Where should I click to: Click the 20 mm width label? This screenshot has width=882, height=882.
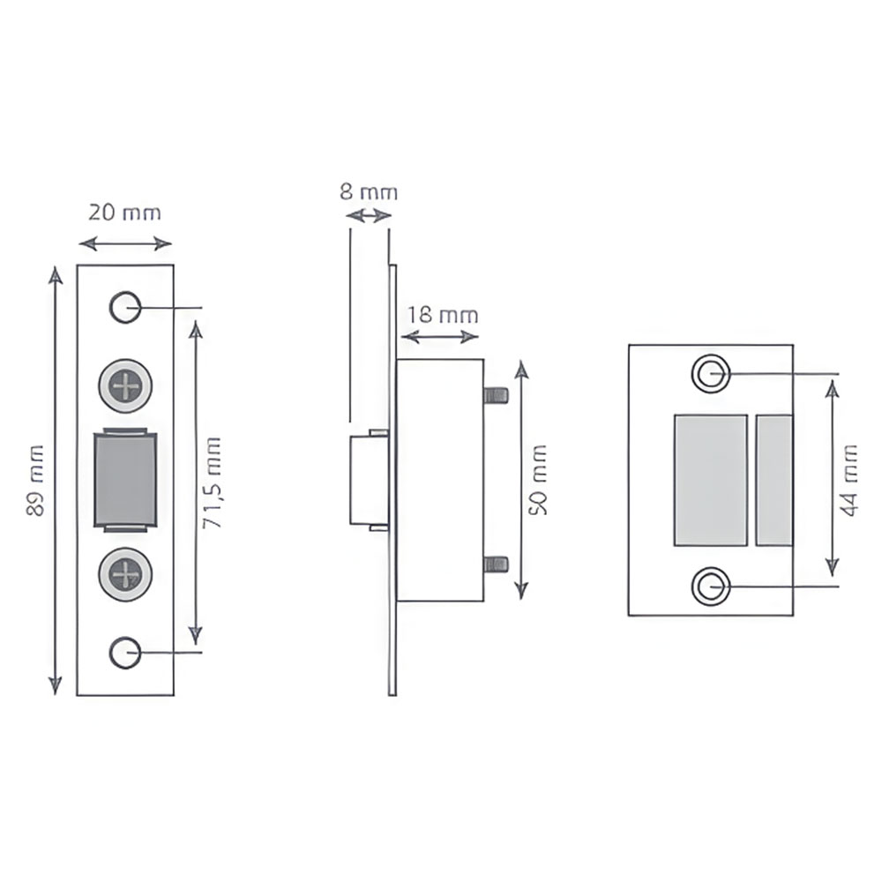pos(125,213)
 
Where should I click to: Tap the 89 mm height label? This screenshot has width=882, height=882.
pos(35,480)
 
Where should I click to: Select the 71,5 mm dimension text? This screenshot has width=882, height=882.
pos(212,482)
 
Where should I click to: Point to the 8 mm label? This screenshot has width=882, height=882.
pos(369,191)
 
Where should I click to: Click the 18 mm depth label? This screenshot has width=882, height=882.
pos(443,315)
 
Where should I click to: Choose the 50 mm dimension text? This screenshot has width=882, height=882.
pos(538,479)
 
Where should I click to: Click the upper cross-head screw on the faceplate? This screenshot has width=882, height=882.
pos(125,386)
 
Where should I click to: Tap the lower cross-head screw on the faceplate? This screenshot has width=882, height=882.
pos(125,574)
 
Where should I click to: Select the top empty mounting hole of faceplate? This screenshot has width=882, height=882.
pos(125,307)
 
